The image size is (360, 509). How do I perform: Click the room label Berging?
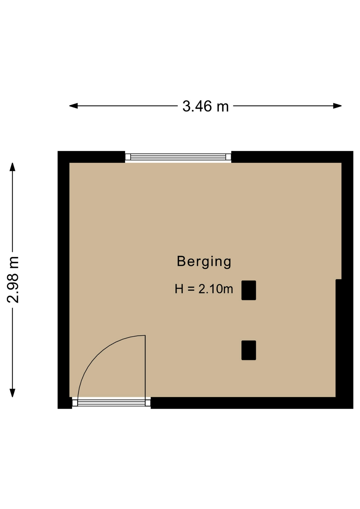pos(204,262)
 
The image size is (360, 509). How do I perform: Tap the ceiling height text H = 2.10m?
pos(204,289)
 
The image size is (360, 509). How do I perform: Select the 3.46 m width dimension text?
pos(205,106)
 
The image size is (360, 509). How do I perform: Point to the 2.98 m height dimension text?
pos(13,280)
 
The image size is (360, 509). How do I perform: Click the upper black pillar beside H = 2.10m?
pos(249,290)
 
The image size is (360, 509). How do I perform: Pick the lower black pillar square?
pos(249,350)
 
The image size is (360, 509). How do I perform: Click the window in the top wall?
pos(178,157)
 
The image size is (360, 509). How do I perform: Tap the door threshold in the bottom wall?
pos(111,403)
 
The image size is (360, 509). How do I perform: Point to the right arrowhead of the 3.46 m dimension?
pos(337,106)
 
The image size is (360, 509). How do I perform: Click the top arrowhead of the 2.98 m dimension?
pos(12,167)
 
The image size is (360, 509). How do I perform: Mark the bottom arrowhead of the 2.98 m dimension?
pos(12,393)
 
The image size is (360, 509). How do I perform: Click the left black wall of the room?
pos(63,280)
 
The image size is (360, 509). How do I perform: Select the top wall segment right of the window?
pos(292,157)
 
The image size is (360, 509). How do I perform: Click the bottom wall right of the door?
pos(252,403)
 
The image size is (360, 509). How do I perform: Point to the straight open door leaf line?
pos(145,367)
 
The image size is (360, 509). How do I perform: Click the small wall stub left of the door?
pos(65,403)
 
